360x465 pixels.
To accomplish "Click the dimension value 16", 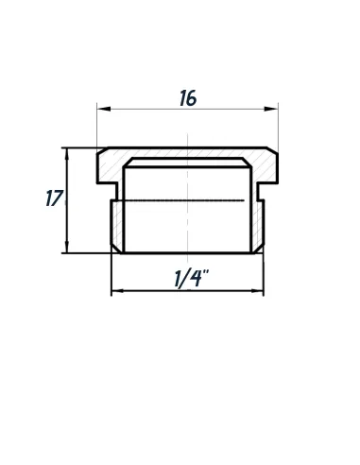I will click(x=188, y=98).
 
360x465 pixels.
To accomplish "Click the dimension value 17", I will click(x=54, y=199).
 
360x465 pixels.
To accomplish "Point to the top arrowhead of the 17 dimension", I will click(x=67, y=152).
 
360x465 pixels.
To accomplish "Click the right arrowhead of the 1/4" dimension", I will click(x=260, y=291).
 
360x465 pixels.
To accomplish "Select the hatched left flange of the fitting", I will click(x=111, y=170).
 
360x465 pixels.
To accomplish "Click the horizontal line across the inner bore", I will click(x=189, y=202).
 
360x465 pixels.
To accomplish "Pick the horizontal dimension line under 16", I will click(x=142, y=110).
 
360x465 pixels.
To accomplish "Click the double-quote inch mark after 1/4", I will click(x=205, y=272).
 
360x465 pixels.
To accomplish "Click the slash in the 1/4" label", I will click(x=186, y=279).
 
